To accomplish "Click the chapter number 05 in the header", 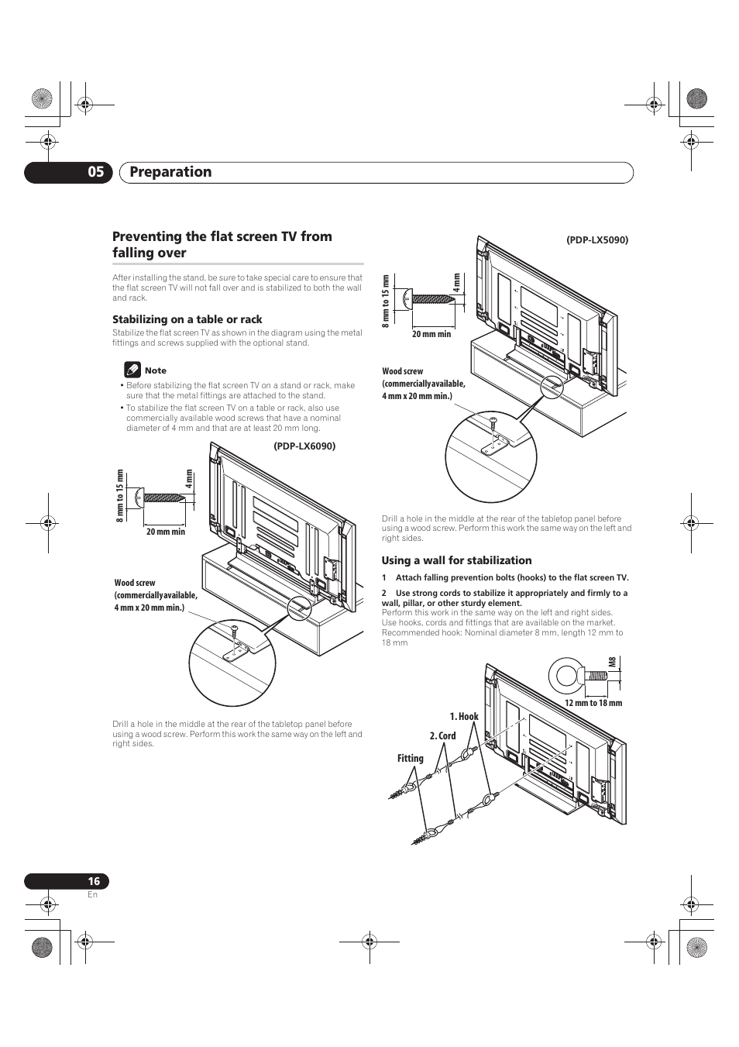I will click(x=95, y=172).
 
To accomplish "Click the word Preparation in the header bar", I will click(x=170, y=172).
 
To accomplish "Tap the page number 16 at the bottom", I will click(x=94, y=881).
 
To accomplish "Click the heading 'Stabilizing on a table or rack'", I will click(x=187, y=319).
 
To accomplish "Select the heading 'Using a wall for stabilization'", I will click(x=456, y=560).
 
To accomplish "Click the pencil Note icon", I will click(x=132, y=370).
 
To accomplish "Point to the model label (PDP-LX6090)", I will click(x=304, y=446).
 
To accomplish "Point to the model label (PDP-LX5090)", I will click(x=596, y=240).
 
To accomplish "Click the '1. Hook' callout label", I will click(x=464, y=717).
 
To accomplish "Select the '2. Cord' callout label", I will click(x=442, y=736).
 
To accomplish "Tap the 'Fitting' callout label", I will click(x=411, y=759).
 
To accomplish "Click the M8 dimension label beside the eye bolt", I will click(x=612, y=663).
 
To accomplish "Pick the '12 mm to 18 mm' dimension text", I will click(x=593, y=703).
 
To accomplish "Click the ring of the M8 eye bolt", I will click(x=564, y=676).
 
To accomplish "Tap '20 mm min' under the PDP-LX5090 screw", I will click(x=431, y=334).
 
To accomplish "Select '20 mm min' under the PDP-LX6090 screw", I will click(x=166, y=532).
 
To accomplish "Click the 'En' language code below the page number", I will click(x=92, y=895).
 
